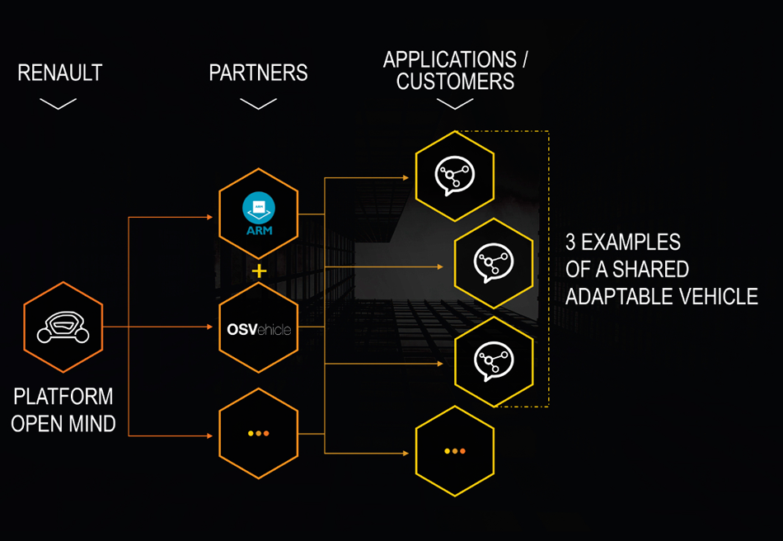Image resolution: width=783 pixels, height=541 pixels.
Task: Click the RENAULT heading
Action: [x=60, y=73]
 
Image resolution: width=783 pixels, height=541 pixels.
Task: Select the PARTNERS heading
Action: [x=258, y=73]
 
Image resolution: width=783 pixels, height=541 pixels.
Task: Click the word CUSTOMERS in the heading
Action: [x=455, y=82]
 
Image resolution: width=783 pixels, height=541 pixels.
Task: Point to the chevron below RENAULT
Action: [x=58, y=103]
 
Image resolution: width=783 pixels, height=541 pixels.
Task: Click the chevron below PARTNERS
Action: [x=258, y=104]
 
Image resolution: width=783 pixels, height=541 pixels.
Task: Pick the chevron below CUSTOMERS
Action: [x=455, y=104]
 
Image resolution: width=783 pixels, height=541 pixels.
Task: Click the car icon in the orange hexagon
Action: [x=63, y=327]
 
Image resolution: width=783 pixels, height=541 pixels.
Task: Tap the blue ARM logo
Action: [x=259, y=214]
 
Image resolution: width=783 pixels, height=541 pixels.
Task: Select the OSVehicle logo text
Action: [x=259, y=330]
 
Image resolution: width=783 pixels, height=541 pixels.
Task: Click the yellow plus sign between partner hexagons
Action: [x=260, y=270]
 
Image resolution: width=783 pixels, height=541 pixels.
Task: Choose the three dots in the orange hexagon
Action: [x=259, y=433]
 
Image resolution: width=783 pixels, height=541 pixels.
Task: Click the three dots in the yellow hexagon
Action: [x=455, y=451]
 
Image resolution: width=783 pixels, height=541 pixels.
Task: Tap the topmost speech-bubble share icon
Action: [x=455, y=172]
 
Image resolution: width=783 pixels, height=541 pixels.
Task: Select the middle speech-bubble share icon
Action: [x=494, y=263]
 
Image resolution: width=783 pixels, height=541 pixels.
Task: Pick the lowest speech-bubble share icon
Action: [x=494, y=360]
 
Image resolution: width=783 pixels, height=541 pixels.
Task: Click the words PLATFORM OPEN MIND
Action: [x=63, y=410]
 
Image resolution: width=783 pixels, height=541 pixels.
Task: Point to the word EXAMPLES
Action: [x=634, y=242]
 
